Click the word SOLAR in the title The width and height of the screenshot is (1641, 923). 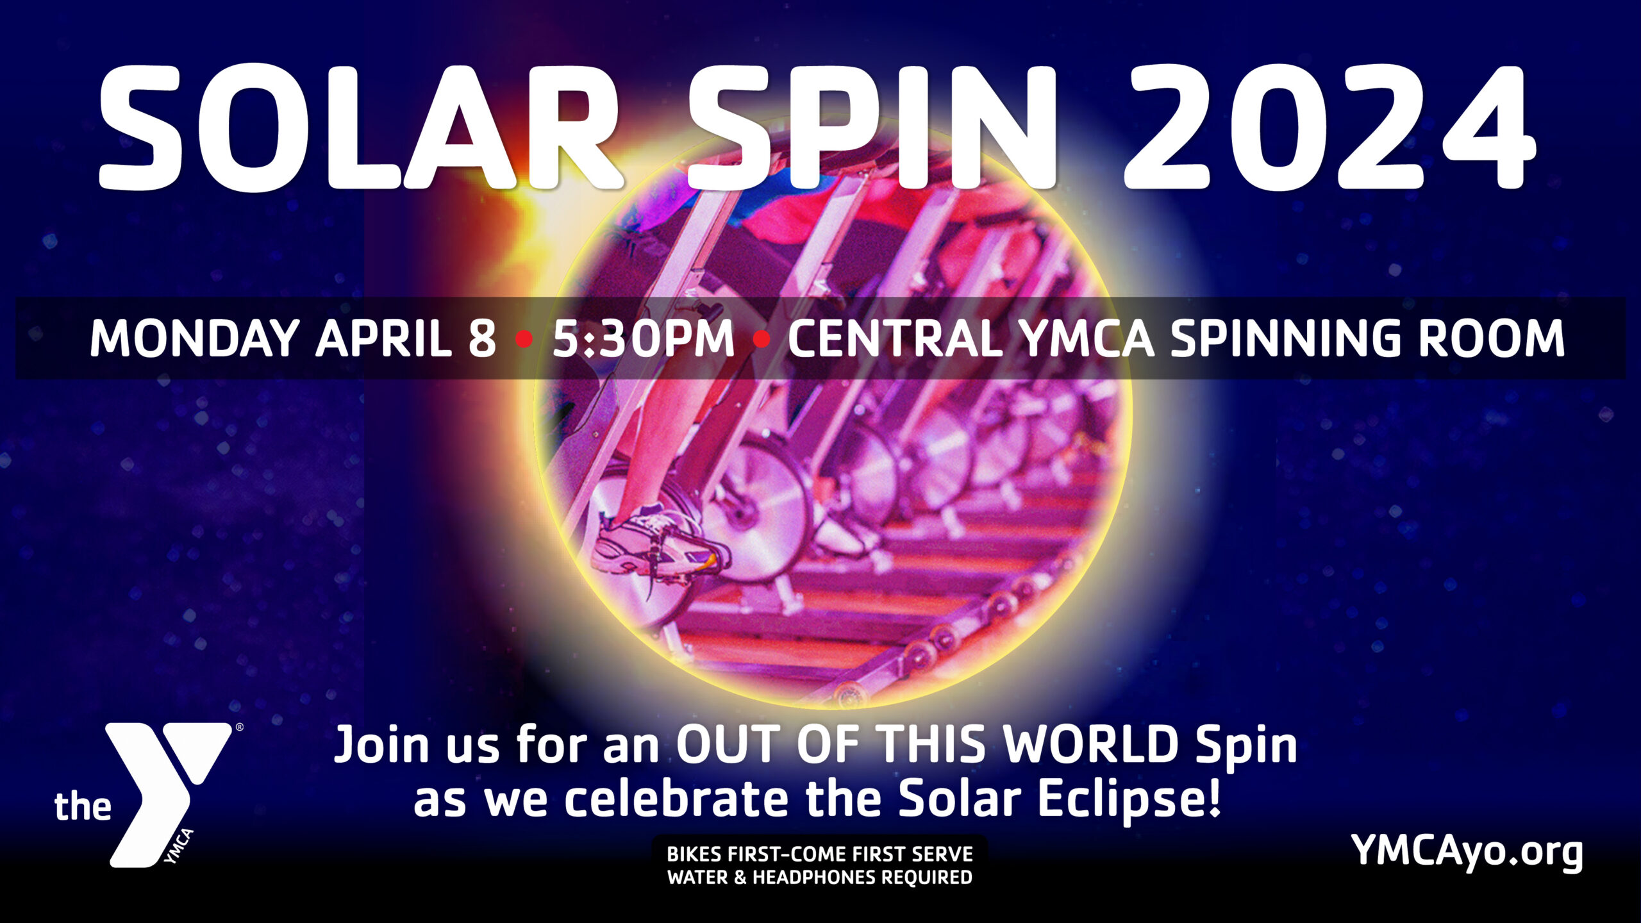pyautogui.click(x=359, y=127)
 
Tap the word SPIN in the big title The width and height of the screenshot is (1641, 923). pyautogui.click(x=872, y=127)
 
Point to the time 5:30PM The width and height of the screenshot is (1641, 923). pyautogui.click(x=643, y=338)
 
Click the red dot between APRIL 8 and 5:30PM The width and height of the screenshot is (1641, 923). pyautogui.click(x=524, y=338)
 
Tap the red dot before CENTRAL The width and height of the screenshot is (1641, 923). pyautogui.click(x=762, y=338)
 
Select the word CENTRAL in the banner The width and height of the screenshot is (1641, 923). pyautogui.click(x=895, y=338)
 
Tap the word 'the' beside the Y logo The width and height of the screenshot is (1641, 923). pyautogui.click(x=83, y=806)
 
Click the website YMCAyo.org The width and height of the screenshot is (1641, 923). pyautogui.click(x=1467, y=851)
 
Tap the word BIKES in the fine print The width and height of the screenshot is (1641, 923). pyautogui.click(x=695, y=854)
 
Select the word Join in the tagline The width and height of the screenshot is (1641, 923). pyautogui.click(x=382, y=745)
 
